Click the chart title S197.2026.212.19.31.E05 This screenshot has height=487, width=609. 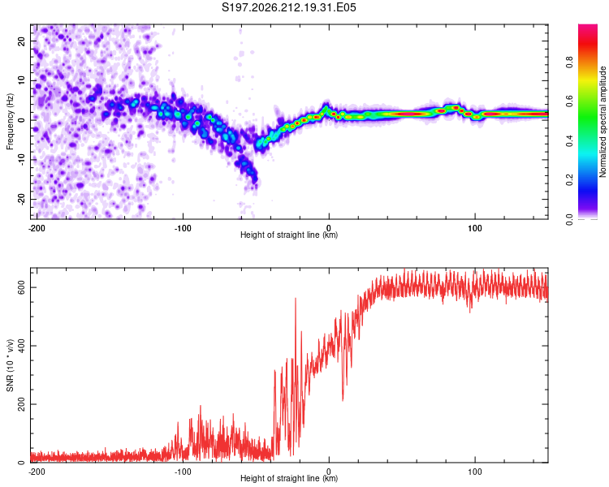(x=288, y=7)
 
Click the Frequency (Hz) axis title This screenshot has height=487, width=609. (x=10, y=122)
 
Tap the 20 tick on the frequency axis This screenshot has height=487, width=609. (x=21, y=41)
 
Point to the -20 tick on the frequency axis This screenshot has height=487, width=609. (x=21, y=199)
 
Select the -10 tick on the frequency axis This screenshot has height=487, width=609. (x=21, y=160)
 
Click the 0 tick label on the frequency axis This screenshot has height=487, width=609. (x=21, y=120)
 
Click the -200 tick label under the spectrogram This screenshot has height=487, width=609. (x=37, y=228)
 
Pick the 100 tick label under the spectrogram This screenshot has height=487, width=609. (x=475, y=228)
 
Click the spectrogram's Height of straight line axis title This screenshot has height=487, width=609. (x=289, y=235)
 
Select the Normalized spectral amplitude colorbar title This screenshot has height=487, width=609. (x=603, y=122)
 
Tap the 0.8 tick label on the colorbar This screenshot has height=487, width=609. (x=569, y=62)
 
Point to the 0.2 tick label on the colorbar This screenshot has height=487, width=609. (x=569, y=180)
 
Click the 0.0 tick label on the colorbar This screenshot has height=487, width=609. (x=569, y=219)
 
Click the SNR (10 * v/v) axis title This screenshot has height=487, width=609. (x=10, y=365)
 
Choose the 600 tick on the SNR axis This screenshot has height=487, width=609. (x=21, y=287)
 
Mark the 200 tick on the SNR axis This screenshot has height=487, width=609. (x=21, y=404)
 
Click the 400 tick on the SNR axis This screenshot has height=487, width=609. (x=21, y=346)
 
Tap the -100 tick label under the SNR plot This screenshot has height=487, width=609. (x=183, y=472)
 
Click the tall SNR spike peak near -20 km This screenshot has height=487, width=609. (x=296, y=298)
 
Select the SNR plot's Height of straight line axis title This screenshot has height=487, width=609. (x=289, y=478)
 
